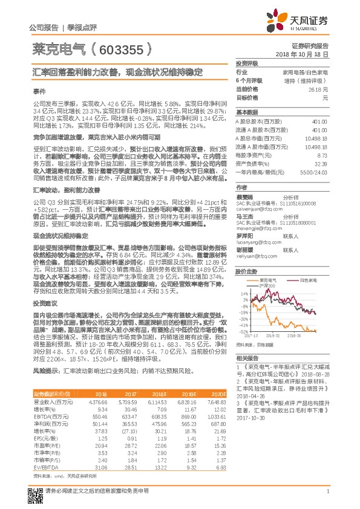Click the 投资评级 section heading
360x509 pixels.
247,63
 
